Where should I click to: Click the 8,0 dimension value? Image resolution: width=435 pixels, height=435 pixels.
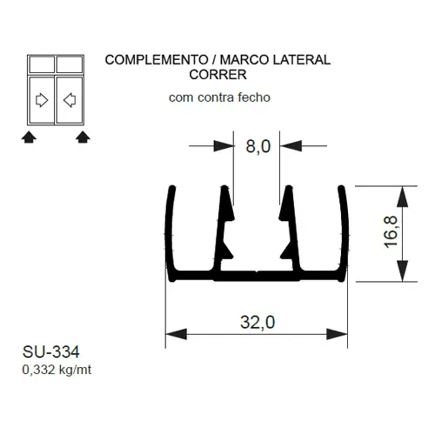pos(258,146)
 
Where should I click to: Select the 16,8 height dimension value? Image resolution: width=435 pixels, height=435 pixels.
pos(391,231)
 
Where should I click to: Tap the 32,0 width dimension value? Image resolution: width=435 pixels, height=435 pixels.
pos(258,322)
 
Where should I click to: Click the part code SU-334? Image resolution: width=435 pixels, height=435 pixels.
pos(50,352)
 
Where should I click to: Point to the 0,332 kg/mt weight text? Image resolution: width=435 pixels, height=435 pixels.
pos(57,370)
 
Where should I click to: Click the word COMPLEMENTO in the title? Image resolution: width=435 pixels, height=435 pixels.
pos(157,60)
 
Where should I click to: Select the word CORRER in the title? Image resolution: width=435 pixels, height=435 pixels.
pos(217,75)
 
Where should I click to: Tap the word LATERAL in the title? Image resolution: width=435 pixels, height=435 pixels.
pos(302,60)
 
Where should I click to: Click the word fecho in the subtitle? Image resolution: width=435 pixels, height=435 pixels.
pos(254,97)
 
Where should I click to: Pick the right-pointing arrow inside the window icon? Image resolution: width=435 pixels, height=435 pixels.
pos(42,100)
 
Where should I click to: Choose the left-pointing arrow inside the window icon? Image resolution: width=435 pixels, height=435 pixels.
pos(70,100)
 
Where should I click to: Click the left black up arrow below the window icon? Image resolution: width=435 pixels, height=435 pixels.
pos(29,137)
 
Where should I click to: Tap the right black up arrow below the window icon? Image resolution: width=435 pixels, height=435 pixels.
pos(83,137)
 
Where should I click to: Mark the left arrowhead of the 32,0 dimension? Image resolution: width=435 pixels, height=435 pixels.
pos(177,334)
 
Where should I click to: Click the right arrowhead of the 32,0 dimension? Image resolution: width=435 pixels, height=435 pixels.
pos(337,334)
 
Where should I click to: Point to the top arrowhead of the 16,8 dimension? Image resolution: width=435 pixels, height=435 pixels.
pos(402,197)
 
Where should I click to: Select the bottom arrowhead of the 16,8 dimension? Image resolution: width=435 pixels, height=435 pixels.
pos(402,271)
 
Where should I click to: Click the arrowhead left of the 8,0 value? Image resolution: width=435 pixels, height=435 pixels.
pos(224,146)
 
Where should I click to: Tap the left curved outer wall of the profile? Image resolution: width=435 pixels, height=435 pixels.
pos(170,233)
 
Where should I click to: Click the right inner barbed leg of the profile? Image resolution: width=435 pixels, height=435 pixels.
pos(291,229)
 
